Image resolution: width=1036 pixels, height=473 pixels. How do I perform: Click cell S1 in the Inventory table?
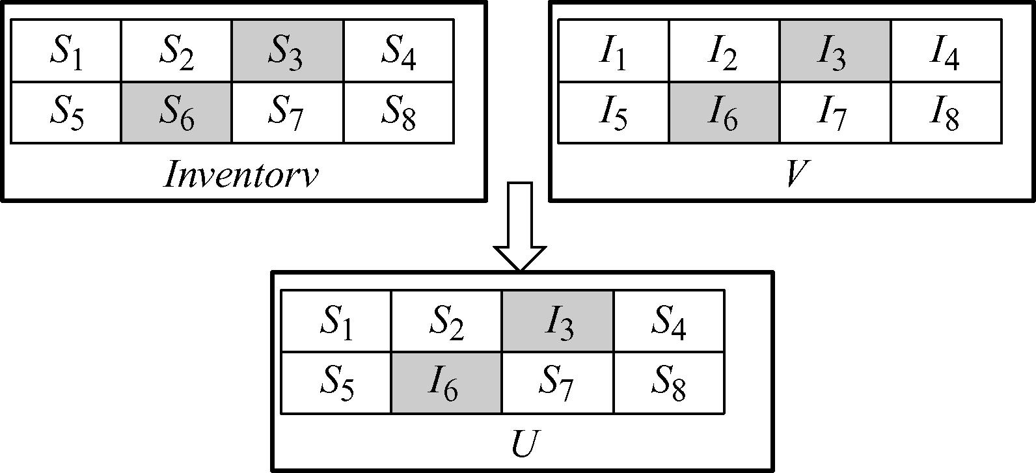[66, 51]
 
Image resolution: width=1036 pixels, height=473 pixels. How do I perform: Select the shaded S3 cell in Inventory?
[287, 51]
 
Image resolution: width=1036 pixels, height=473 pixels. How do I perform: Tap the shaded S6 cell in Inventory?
[176, 113]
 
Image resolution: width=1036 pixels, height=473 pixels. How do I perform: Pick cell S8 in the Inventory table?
[398, 113]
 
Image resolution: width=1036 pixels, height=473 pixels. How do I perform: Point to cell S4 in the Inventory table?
[398, 51]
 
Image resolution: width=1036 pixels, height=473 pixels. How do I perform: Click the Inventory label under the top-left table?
[241, 174]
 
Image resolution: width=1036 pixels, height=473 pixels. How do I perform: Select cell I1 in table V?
[613, 51]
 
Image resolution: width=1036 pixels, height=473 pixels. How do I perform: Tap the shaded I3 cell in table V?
[835, 51]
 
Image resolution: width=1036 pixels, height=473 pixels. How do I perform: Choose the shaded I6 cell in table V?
[724, 113]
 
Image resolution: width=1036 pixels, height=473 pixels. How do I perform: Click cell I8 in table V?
[946, 113]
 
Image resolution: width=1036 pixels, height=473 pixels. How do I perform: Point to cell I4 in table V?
[946, 51]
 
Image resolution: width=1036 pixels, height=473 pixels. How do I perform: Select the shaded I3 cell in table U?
[557, 321]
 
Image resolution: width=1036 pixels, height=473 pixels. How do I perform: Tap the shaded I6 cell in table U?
[446, 383]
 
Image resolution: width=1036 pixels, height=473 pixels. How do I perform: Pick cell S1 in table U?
[336, 321]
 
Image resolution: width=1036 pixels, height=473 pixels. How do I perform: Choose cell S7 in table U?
[557, 383]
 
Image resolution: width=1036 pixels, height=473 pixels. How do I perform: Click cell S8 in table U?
[668, 383]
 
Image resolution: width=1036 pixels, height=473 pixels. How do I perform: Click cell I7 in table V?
[835, 113]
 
